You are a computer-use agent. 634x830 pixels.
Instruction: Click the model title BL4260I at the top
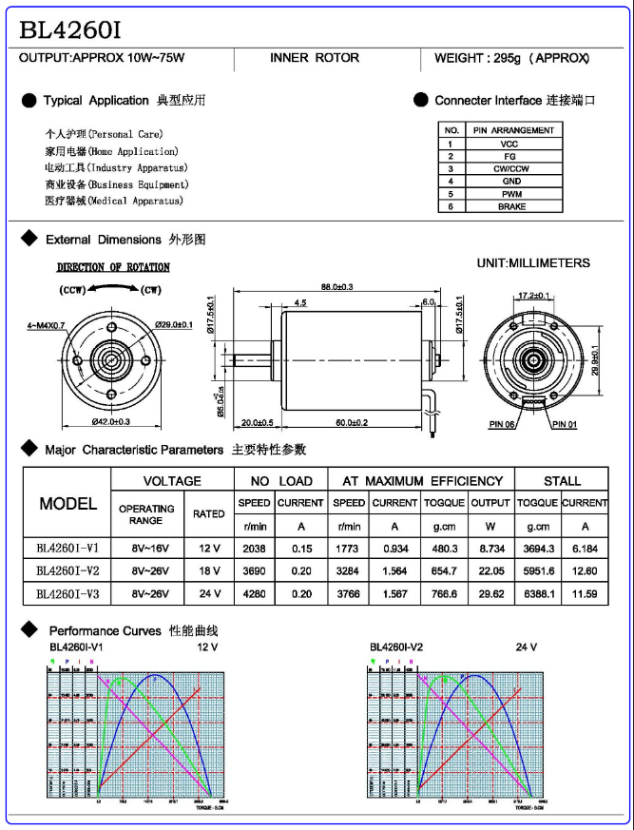(70, 29)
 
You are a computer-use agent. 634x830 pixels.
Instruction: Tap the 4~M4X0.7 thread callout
(46, 325)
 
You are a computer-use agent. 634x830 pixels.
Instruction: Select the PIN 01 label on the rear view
(565, 424)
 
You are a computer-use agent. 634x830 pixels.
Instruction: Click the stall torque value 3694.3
(538, 548)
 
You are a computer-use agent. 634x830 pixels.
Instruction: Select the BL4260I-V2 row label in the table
(67, 570)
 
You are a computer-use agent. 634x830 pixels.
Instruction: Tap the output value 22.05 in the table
(490, 570)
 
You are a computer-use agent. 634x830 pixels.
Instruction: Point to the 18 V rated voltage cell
(208, 570)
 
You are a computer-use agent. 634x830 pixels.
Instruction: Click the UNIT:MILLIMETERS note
(533, 263)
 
